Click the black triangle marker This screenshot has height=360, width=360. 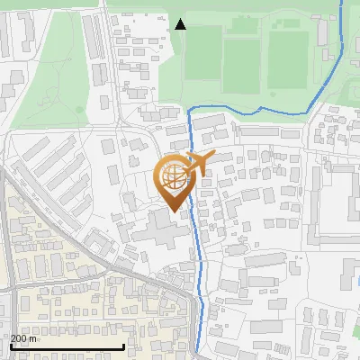[181, 24]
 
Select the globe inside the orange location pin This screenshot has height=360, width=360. [176, 177]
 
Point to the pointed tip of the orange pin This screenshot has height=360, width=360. [174, 212]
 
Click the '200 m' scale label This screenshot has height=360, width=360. [23, 338]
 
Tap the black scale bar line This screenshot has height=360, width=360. [67, 346]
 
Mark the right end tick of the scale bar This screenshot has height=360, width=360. [123, 345]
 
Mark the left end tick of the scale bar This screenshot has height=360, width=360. [10, 345]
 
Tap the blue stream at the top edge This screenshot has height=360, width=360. [342, 4]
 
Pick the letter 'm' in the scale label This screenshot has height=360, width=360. [33, 338]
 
